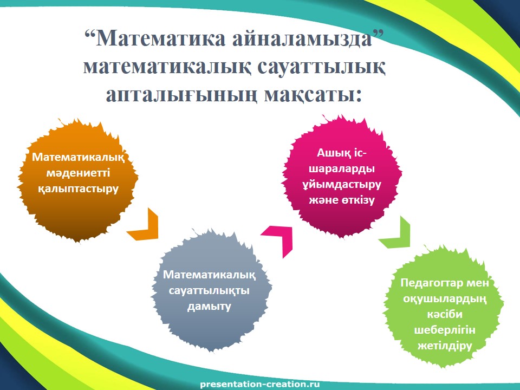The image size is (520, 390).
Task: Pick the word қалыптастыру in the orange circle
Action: (x=78, y=189)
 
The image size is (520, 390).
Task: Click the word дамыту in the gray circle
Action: (x=209, y=305)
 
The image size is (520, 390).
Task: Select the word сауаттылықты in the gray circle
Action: (x=209, y=290)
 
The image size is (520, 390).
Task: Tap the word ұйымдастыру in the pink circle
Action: (x=342, y=184)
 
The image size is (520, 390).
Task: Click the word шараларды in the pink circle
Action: (x=342, y=169)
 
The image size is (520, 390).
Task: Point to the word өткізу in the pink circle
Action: (x=357, y=200)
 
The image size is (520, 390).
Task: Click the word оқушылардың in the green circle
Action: (x=445, y=299)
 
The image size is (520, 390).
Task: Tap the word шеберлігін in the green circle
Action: (x=445, y=330)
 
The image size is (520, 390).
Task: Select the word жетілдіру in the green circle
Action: (x=445, y=346)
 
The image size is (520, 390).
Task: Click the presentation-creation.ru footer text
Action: (x=259, y=385)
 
